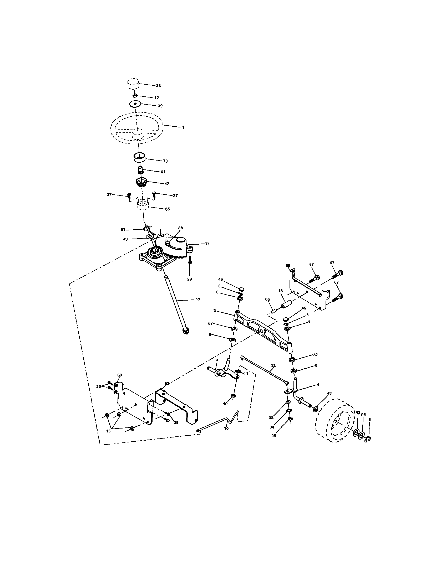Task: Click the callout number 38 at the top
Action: coord(158,86)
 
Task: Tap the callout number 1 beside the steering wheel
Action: coord(183,127)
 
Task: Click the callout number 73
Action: coord(165,161)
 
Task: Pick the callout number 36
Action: coord(168,209)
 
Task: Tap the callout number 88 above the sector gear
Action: coord(180,228)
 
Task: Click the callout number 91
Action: coord(123,229)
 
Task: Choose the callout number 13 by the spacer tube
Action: coord(281,291)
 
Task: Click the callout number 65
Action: coord(267,299)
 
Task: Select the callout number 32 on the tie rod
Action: coord(273,365)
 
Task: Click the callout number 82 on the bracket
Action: coord(167,384)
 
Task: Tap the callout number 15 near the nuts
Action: coord(108,431)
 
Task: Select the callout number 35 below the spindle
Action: coord(273,436)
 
